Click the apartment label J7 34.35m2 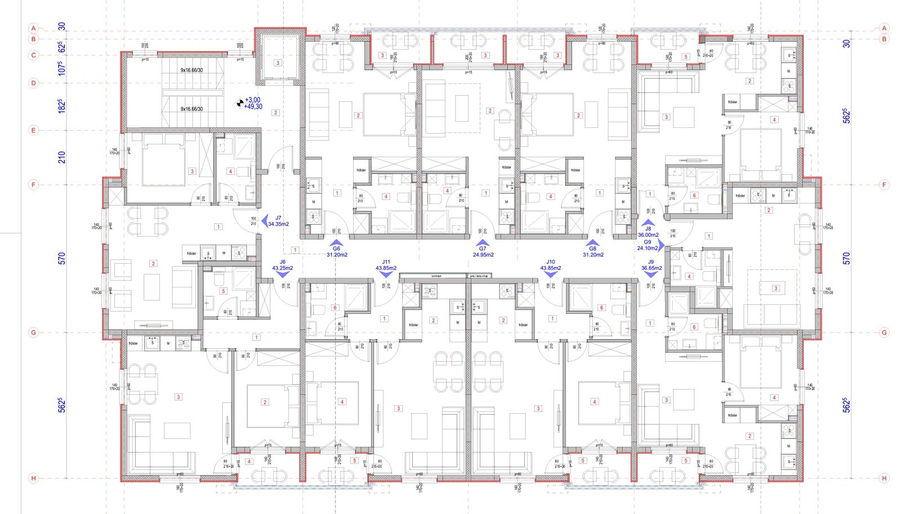[278, 221]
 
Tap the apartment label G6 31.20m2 [337, 251]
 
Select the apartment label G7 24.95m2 [483, 251]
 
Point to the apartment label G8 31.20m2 [592, 251]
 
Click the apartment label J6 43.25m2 [282, 265]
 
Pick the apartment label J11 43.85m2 [386, 265]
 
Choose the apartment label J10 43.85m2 [550, 265]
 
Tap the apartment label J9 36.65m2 [651, 265]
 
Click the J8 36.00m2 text [648, 232]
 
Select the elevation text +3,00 [252, 100]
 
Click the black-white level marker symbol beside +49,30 [240, 103]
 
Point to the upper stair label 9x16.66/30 [191, 70]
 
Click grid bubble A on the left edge [34, 28]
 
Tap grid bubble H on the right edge [884, 478]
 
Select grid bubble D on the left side [34, 83]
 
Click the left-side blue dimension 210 [62, 157]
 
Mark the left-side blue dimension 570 [62, 258]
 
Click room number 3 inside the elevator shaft [278, 63]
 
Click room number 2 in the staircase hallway [276, 113]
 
